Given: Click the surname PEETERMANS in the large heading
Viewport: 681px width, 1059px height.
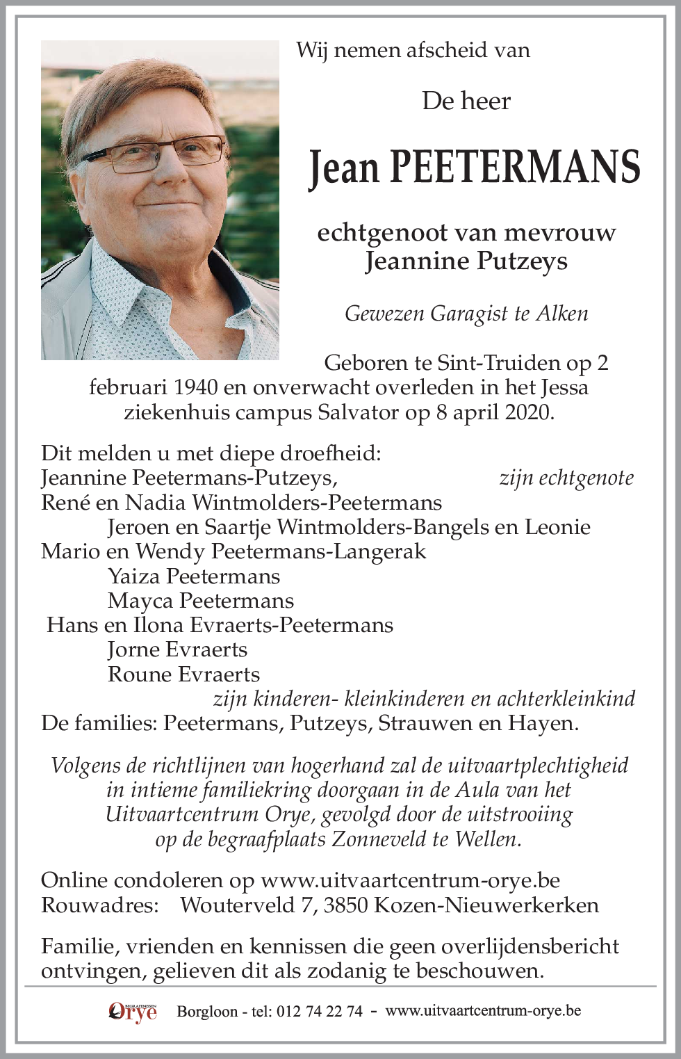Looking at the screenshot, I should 514,167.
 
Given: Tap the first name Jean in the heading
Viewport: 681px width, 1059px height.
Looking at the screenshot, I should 344,168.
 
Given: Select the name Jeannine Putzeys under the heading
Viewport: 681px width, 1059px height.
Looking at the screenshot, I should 466,261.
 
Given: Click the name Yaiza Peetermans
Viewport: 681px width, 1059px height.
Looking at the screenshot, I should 194,576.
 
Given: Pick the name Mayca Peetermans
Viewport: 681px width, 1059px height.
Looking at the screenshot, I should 201,601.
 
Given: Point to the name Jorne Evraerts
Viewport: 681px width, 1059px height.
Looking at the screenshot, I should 178,649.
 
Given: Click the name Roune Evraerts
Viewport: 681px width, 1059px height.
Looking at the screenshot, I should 184,674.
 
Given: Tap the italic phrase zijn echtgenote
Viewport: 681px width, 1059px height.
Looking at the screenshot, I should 566,478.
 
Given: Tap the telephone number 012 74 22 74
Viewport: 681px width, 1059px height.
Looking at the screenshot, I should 320,1012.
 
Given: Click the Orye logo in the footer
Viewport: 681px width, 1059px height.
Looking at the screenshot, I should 133,1012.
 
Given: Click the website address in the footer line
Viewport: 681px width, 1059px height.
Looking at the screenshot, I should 483,1011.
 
